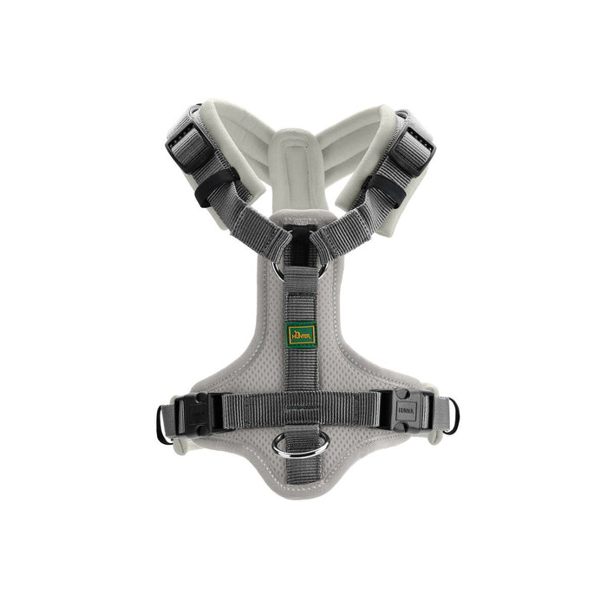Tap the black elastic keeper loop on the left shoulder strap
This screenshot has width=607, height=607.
point(213,186)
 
